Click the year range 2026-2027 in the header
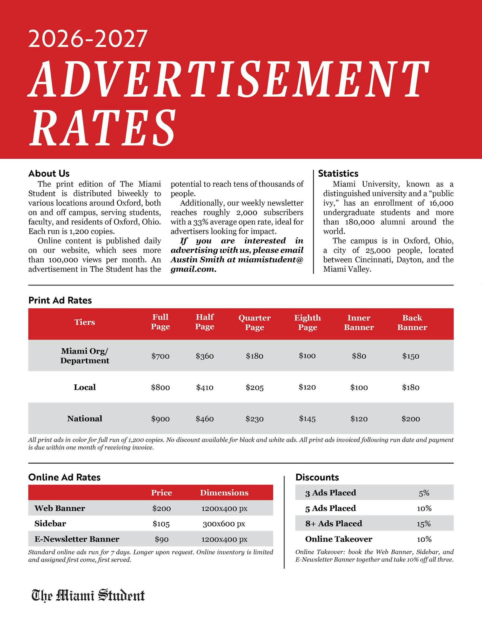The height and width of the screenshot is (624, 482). (88, 39)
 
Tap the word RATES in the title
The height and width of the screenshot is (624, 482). (102, 128)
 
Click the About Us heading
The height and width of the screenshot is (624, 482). (49, 174)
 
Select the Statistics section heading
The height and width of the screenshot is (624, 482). (338, 174)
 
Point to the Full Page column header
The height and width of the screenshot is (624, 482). (160, 322)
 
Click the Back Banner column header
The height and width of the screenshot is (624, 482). (412, 322)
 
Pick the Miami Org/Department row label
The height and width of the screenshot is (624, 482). (85, 356)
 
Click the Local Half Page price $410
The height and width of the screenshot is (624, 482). (205, 387)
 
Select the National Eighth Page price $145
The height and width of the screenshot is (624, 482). (307, 419)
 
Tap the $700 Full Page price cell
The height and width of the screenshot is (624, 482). (160, 356)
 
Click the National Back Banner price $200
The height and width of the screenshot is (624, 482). (411, 419)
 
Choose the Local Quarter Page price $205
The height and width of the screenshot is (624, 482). (254, 387)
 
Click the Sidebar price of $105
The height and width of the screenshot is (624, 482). (161, 524)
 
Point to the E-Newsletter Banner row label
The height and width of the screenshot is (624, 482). (77, 539)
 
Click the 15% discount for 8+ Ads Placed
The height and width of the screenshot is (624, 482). (424, 524)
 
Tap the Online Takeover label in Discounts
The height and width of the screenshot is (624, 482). (339, 539)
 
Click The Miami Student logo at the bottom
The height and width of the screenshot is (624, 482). (88, 595)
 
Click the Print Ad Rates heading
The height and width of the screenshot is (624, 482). (60, 300)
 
